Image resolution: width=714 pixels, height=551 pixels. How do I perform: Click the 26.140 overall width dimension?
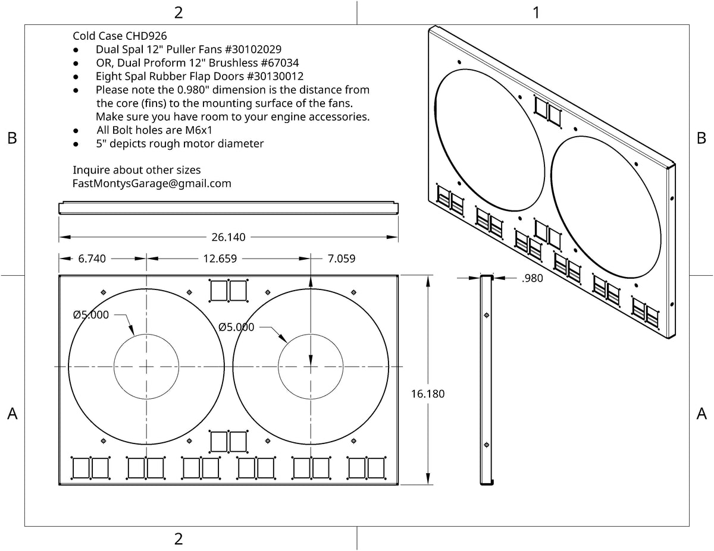coord(228,237)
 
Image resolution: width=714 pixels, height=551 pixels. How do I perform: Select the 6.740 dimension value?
coord(92,259)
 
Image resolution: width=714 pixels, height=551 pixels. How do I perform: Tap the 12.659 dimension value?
coord(220,259)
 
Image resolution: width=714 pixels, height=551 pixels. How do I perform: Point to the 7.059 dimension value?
coord(342,259)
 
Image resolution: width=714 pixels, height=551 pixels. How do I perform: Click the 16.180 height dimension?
coord(428,394)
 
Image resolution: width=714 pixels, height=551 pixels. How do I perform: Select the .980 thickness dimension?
coord(533,278)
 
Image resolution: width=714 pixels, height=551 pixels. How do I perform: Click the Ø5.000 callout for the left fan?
coord(90,314)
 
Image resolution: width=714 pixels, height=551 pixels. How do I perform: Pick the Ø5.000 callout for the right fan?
coord(236,327)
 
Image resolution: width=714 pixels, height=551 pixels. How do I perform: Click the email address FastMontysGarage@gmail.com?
coord(152,184)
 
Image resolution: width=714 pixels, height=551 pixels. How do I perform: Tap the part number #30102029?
coord(253,49)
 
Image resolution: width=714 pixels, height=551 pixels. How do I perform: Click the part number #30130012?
coord(275,76)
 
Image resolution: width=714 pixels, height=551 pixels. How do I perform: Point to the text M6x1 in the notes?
coord(199,130)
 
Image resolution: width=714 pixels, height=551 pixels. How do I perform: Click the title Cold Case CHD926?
coord(120,36)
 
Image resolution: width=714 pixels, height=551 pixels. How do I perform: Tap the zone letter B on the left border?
coord(12,138)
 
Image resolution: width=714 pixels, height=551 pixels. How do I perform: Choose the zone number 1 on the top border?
coord(536,13)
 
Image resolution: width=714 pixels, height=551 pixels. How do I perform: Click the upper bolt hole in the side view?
coord(487,316)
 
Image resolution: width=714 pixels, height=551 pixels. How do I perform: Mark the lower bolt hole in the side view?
coord(487,445)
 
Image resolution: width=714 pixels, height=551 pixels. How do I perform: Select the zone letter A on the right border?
coord(702,414)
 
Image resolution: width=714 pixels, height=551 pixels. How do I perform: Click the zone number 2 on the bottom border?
coord(178,539)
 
